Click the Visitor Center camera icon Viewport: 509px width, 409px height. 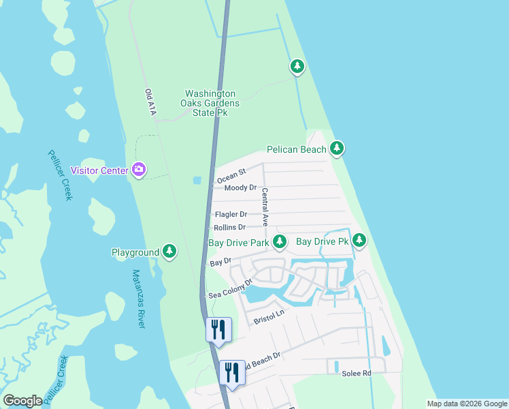139,169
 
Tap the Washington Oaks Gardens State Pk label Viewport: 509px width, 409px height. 212,103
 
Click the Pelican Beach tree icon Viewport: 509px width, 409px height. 336,148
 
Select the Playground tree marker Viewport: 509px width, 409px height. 169,252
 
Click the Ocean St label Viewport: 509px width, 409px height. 231,177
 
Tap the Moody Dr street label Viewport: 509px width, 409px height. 240,187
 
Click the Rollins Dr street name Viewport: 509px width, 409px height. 229,227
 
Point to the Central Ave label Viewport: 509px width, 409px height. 265,207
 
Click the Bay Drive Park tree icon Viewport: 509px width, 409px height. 279,241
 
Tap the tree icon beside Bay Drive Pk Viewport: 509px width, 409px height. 359,241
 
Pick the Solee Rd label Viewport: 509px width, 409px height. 356,374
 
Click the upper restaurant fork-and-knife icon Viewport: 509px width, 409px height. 218,329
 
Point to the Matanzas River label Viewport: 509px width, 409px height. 138,299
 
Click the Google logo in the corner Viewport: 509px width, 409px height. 22,401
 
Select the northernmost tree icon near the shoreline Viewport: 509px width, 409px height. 297,66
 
